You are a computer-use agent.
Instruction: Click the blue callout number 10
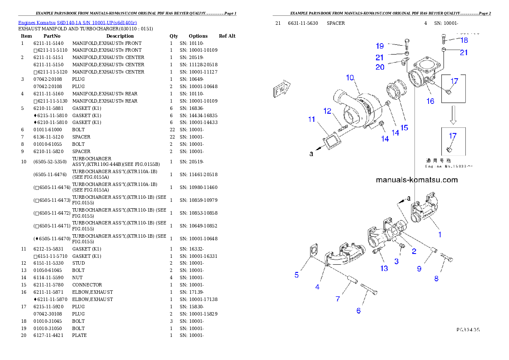click(x=350, y=77)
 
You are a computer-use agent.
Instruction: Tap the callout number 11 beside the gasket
click(x=311, y=119)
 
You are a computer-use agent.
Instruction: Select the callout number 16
click(x=430, y=101)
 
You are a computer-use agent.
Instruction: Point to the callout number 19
click(x=380, y=46)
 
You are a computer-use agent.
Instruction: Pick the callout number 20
click(x=380, y=67)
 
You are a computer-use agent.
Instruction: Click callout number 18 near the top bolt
click(x=464, y=40)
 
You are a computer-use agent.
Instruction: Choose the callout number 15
click(x=404, y=127)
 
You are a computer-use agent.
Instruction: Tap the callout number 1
click(x=440, y=234)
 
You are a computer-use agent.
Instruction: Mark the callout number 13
click(x=384, y=269)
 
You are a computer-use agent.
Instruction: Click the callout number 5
click(x=296, y=275)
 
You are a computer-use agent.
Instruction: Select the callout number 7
click(x=338, y=299)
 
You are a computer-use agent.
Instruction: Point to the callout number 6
click(x=358, y=311)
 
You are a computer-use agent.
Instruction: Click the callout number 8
click(x=436, y=279)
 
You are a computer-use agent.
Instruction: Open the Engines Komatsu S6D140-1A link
click(x=77, y=22)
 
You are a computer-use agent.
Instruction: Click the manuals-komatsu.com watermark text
click(x=417, y=180)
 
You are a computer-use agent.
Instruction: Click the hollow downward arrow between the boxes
click(x=453, y=115)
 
